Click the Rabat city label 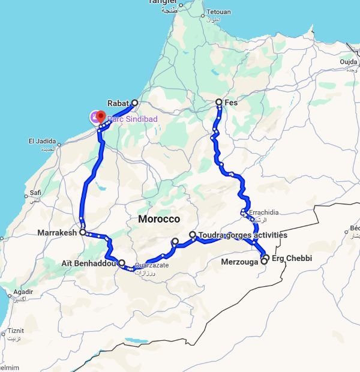pyautogui.click(x=119, y=103)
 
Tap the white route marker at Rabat pyautogui.click(x=134, y=103)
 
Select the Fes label pyautogui.click(x=232, y=103)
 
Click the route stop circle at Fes pyautogui.click(x=219, y=103)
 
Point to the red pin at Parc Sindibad pyautogui.click(x=101, y=117)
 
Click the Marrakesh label pyautogui.click(x=56, y=232)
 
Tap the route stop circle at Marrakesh pyautogui.click(x=82, y=232)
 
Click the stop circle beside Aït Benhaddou pyautogui.click(x=122, y=263)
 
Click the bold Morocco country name pyautogui.click(x=159, y=219)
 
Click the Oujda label pyautogui.click(x=348, y=61)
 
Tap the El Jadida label pyautogui.click(x=42, y=142)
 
